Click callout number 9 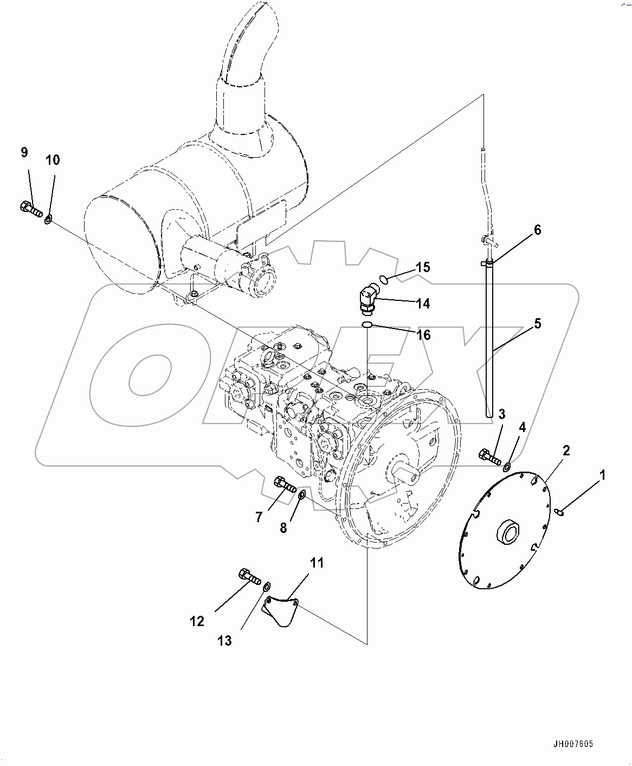tap(24, 152)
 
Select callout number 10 tap(53, 160)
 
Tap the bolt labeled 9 tap(30, 209)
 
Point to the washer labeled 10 tap(48, 219)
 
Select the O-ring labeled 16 tap(366, 325)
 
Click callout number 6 tap(537, 230)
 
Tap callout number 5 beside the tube tap(537, 324)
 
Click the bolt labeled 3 tap(489, 456)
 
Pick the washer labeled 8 tap(302, 493)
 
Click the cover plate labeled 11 tap(280, 611)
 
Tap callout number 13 tap(224, 641)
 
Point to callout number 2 tap(566, 450)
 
